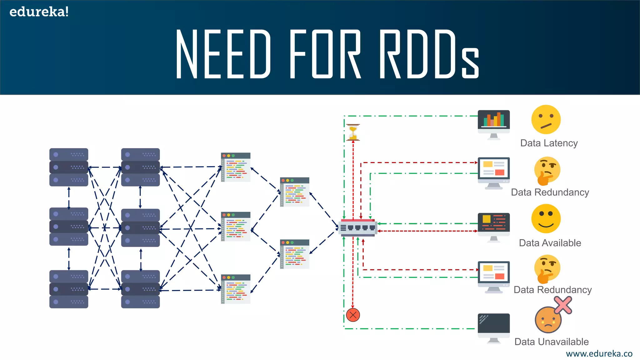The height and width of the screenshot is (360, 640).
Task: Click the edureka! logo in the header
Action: pyautogui.click(x=39, y=12)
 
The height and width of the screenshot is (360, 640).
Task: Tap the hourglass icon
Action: pyautogui.click(x=353, y=132)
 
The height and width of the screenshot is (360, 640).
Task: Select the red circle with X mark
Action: pyautogui.click(x=353, y=315)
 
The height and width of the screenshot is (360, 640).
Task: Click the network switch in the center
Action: pyautogui.click(x=358, y=227)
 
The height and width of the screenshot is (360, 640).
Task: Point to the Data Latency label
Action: pyautogui.click(x=549, y=143)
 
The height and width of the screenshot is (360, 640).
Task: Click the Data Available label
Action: pyautogui.click(x=550, y=243)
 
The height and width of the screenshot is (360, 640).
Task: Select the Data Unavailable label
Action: pyautogui.click(x=552, y=342)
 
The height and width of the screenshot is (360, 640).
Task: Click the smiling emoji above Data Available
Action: pyautogui.click(x=546, y=219)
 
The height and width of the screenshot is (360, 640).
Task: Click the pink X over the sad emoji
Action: pyautogui.click(x=563, y=305)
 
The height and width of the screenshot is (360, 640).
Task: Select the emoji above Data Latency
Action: pyautogui.click(x=546, y=120)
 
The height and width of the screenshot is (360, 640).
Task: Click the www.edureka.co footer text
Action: pyautogui.click(x=599, y=353)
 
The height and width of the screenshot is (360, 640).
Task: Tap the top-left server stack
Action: pyautogui.click(x=69, y=167)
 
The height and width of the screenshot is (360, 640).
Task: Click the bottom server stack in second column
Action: pyautogui.click(x=140, y=289)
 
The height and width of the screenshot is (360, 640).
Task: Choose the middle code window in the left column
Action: pyautogui.click(x=236, y=226)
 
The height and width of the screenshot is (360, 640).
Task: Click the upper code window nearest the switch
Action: pyautogui.click(x=295, y=192)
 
